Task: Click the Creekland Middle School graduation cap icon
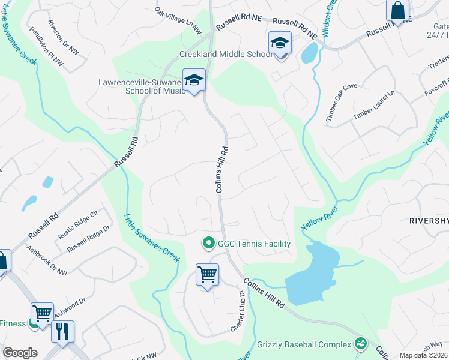click(x=280, y=43)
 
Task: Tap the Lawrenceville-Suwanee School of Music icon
click(x=194, y=80)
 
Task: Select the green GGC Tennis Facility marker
click(x=208, y=243)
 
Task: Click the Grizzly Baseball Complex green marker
click(x=360, y=344)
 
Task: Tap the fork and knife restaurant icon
click(x=63, y=331)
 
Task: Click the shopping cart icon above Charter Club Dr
click(x=208, y=275)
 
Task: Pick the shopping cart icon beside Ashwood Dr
click(x=42, y=313)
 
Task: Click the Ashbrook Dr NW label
click(x=46, y=259)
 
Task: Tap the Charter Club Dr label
click(x=237, y=311)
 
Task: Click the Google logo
click(x=20, y=353)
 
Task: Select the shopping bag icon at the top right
click(x=397, y=10)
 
